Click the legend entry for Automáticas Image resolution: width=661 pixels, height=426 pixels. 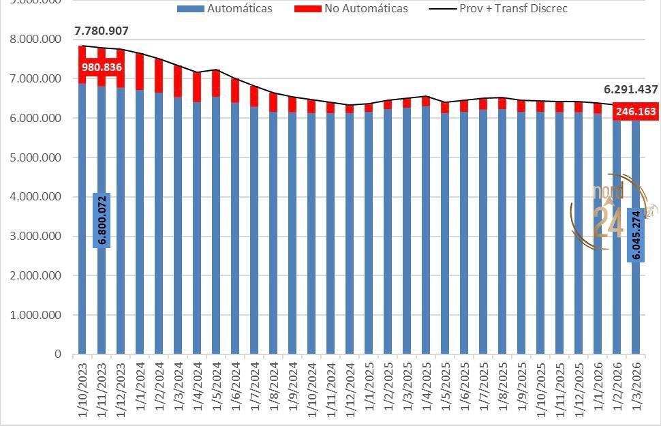click(224, 9)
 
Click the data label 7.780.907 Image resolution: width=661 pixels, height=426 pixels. click(102, 31)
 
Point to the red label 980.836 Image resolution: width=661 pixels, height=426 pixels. click(102, 67)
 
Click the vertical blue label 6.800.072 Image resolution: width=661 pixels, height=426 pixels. click(102, 220)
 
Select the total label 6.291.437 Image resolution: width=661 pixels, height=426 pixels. click(630, 90)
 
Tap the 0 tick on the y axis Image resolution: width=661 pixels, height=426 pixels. click(58, 355)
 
